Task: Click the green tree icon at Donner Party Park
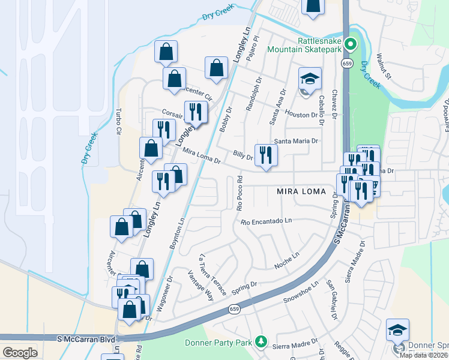[261, 341]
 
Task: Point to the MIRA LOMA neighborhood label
[301, 192]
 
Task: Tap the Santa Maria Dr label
[295, 142]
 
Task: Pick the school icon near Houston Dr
[310, 79]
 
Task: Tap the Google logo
[19, 353]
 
